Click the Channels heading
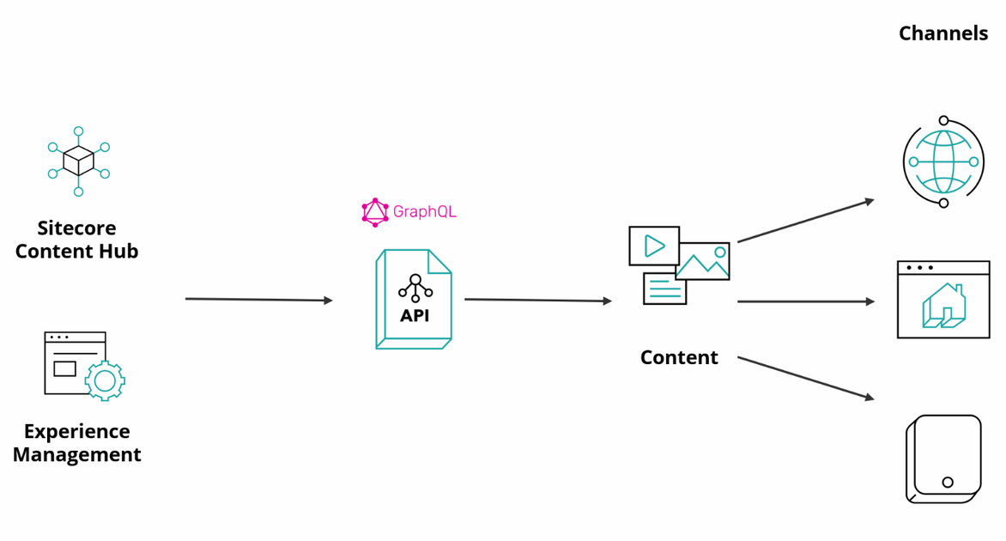tap(943, 33)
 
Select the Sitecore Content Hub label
tap(76, 240)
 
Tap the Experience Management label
tap(76, 443)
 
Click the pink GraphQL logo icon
tap(375, 212)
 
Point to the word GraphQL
tap(424, 211)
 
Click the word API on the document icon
tap(415, 315)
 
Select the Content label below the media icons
tap(679, 357)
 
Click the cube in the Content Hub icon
tap(79, 161)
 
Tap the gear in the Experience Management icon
tap(106, 380)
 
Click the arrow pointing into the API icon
tap(258, 300)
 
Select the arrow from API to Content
tap(537, 301)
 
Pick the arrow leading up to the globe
tap(805, 221)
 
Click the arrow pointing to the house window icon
tap(805, 301)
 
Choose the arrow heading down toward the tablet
tap(805, 378)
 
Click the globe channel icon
tap(943, 161)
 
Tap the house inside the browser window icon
tap(943, 307)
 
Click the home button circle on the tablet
tap(948, 482)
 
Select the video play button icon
tap(654, 246)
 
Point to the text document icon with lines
tap(664, 289)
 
